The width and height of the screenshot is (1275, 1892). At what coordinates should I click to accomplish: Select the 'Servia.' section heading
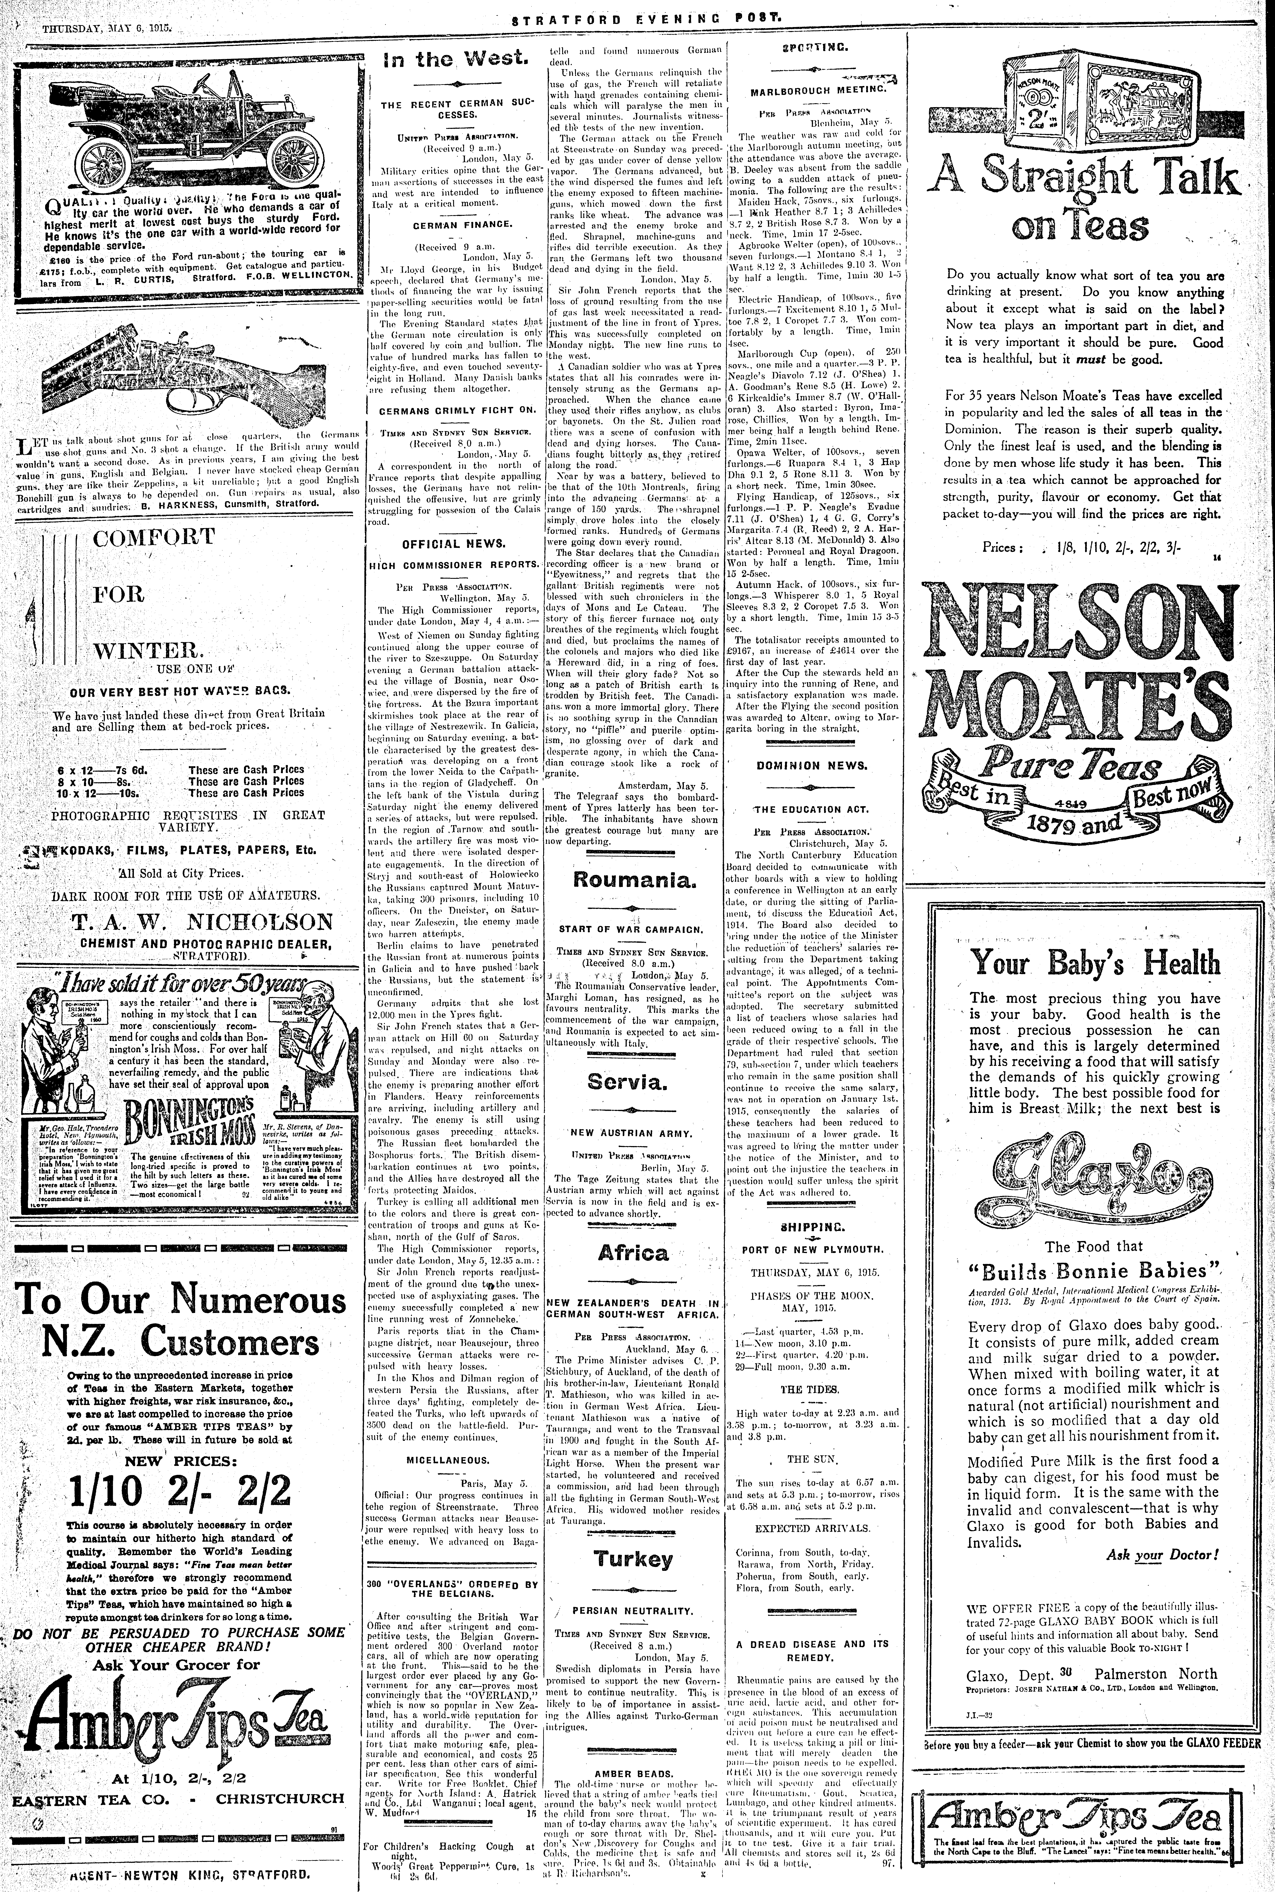pyautogui.click(x=633, y=1083)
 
